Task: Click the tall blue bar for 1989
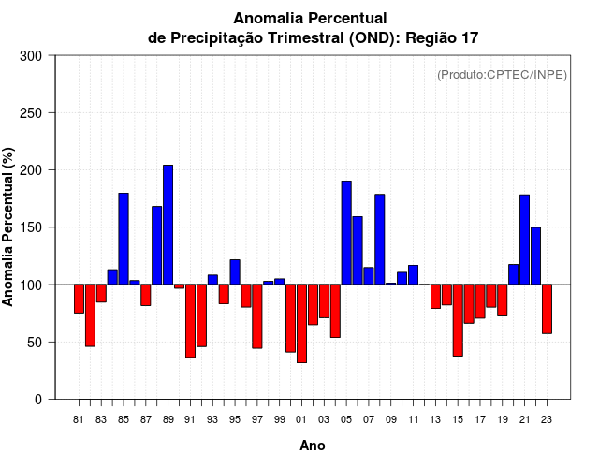click(168, 225)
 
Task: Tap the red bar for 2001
click(301, 323)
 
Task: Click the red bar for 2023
click(547, 309)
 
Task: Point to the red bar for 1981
click(79, 299)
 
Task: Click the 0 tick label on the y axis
click(37, 400)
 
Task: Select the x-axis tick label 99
click(279, 420)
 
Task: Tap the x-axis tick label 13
click(435, 420)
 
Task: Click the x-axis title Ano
click(313, 446)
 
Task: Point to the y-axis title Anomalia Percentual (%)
click(8, 227)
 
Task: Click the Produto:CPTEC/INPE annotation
click(502, 75)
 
